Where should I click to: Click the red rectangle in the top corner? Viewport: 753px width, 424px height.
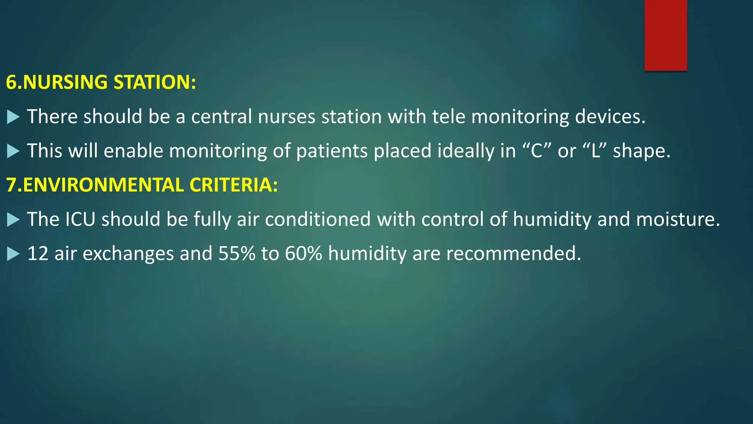(665, 35)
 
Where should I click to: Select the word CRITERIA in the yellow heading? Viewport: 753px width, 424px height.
(233, 185)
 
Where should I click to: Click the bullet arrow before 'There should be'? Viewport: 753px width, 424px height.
(13, 117)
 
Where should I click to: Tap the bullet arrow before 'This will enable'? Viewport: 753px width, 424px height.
(13, 151)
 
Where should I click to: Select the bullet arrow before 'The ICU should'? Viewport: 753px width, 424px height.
(13, 220)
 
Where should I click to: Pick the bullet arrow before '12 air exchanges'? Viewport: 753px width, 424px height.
(13, 254)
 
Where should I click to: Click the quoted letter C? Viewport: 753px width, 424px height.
(537, 151)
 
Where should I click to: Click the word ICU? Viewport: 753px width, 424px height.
(80, 219)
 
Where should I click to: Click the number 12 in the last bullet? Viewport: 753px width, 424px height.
(38, 254)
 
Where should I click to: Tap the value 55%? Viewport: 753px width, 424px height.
(237, 254)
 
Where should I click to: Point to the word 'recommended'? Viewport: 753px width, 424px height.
(513, 254)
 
